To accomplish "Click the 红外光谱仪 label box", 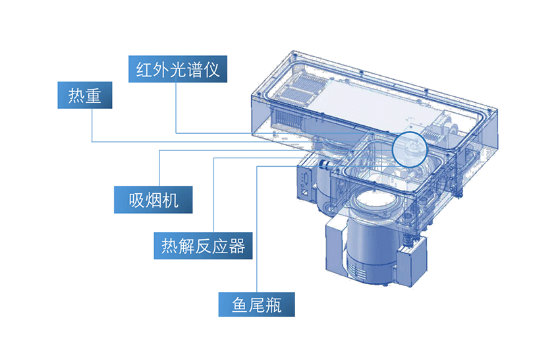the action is pos(177,69).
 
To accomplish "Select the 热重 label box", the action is pos(84,95).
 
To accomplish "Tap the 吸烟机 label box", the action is pos(154,200).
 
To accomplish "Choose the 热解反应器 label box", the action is pos(203,245).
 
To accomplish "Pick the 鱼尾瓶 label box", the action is pos(256,305).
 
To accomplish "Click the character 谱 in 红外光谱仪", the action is pos(194,69).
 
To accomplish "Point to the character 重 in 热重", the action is pos(93,96).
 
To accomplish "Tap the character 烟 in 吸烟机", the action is pos(154,200).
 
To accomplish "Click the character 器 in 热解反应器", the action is pos(237,246).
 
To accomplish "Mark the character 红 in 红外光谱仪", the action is pos(144,69).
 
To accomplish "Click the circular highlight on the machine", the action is pos(410,133).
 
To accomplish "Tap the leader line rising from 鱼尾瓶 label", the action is pos(257,229).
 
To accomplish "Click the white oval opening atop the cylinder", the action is pos(375,201).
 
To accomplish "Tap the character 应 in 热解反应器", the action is pos(220,246).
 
